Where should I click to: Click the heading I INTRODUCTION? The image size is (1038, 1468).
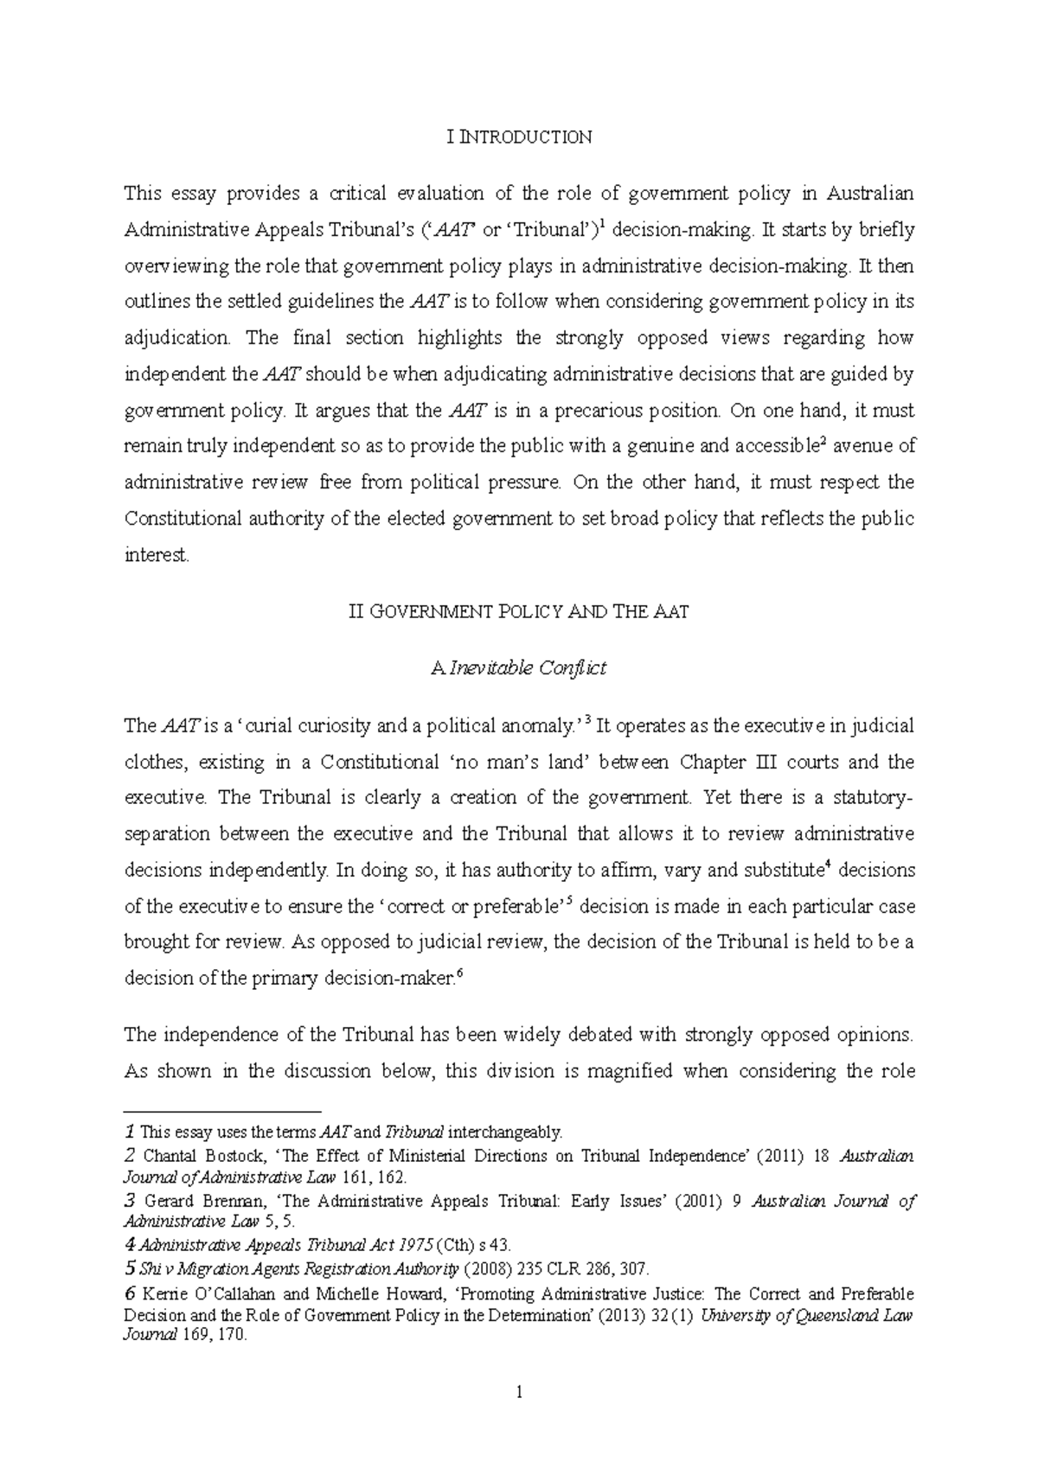pyautogui.click(x=519, y=137)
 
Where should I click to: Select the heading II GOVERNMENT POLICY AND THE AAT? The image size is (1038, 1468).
pyautogui.click(x=518, y=612)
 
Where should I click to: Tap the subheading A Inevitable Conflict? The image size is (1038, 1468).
pyautogui.click(x=518, y=668)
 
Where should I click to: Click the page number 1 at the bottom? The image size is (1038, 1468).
pyautogui.click(x=519, y=1393)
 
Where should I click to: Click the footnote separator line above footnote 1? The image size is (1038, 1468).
pyautogui.click(x=222, y=1110)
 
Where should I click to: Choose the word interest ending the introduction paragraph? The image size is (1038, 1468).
pyautogui.click(x=156, y=555)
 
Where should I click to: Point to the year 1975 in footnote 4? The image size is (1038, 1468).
pyautogui.click(x=416, y=1246)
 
